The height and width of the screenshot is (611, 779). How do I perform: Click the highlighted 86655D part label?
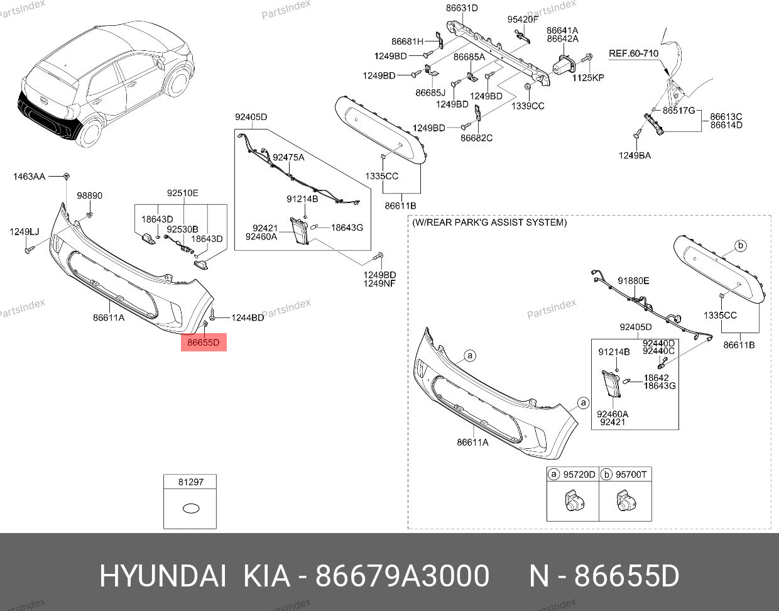point(204,343)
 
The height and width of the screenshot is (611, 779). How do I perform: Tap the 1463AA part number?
point(29,177)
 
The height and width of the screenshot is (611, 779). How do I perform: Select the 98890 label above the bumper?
point(90,195)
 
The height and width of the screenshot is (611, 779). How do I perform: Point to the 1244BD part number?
point(248,317)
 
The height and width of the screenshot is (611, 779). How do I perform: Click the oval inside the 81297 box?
point(191,509)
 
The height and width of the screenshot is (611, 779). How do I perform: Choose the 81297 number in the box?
point(191,482)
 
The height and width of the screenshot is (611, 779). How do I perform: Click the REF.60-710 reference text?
point(633,53)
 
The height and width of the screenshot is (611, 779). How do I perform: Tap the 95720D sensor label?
point(579,475)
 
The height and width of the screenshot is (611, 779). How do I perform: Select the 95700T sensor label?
point(631,475)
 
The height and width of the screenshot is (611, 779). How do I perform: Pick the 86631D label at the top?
point(462,8)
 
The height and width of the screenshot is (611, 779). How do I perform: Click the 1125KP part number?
point(588,77)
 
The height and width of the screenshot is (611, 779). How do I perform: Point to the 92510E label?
point(182,193)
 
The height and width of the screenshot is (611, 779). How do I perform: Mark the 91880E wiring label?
point(633,281)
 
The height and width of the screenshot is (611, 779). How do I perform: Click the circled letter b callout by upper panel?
point(740,246)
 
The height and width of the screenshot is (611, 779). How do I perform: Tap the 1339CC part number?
point(528,106)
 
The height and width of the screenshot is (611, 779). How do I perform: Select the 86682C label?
point(476,138)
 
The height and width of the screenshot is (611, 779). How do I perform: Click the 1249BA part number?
point(635,155)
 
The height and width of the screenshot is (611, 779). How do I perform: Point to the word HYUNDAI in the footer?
point(163,576)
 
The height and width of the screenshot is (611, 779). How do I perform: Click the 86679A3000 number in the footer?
point(402,576)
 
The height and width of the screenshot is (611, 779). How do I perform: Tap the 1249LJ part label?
point(25,231)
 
